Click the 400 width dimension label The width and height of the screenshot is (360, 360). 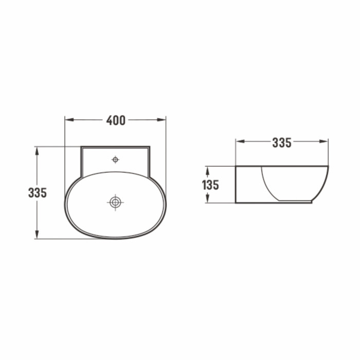click(116, 120)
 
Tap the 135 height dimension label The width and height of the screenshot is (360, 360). click(210, 185)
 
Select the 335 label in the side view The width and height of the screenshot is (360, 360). click(282, 142)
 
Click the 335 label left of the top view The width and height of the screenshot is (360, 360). click(38, 193)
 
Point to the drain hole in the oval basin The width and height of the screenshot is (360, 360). click(115, 202)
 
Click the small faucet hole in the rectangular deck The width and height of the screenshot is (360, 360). click(115, 159)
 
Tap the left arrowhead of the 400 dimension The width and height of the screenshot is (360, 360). click(69, 120)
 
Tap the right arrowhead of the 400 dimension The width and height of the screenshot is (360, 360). click(161, 120)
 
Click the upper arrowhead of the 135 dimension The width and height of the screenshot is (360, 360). click(208, 171)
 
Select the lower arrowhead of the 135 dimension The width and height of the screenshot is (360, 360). click(208, 199)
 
